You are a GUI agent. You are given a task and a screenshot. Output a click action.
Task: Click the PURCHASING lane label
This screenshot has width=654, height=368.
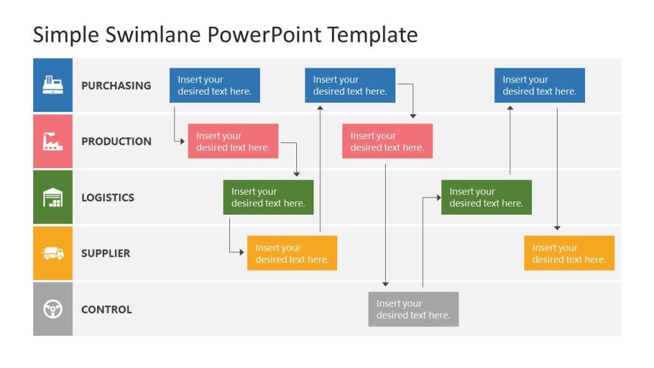tap(116, 86)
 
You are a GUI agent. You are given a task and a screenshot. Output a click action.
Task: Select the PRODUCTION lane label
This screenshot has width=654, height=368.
tap(116, 141)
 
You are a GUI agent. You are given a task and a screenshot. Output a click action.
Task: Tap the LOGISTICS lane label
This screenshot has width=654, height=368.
tap(107, 197)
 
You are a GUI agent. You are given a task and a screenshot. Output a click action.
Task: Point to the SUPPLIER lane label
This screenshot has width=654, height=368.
tap(105, 254)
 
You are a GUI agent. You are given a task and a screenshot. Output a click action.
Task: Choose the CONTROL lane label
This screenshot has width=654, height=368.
tap(106, 310)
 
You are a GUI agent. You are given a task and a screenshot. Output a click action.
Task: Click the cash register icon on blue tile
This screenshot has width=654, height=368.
tap(52, 85)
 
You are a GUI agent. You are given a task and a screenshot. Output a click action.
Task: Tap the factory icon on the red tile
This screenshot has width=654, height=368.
tap(52, 141)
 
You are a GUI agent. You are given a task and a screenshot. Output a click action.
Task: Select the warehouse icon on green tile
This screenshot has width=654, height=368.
tap(52, 197)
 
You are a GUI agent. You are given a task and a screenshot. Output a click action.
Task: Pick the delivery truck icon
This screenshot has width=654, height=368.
tap(52, 254)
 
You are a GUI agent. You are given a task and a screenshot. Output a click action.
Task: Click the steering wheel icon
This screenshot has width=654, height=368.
tap(52, 309)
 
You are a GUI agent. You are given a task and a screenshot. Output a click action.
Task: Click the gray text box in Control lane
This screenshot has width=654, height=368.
tap(413, 309)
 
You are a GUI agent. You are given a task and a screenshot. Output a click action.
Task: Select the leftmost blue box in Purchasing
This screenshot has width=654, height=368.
tap(215, 86)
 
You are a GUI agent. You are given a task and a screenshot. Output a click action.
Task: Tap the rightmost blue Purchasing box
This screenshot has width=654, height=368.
tap(539, 86)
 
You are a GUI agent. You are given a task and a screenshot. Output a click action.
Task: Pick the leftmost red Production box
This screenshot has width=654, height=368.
tap(233, 141)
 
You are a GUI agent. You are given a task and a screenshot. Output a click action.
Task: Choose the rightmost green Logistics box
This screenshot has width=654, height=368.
tap(486, 197)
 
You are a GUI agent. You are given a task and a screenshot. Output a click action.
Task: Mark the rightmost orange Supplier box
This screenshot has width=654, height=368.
tap(569, 253)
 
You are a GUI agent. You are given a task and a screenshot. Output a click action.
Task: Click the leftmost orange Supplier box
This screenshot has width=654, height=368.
tap(292, 253)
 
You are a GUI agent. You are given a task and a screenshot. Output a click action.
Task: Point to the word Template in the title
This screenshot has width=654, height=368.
tap(372, 34)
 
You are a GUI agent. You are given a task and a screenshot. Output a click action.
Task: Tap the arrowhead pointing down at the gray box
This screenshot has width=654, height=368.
tap(386, 284)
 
